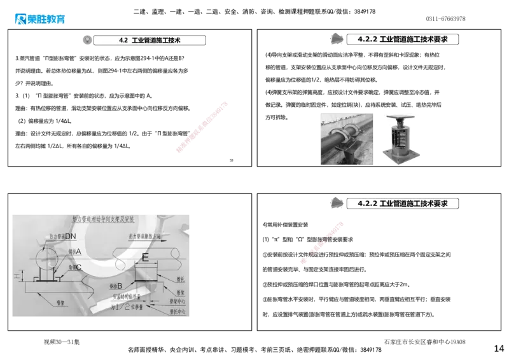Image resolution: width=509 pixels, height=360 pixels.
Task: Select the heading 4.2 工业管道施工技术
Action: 150,40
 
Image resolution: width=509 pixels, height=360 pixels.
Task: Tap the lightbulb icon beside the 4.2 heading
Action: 87,39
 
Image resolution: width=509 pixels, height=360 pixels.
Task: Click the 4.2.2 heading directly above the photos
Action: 402,39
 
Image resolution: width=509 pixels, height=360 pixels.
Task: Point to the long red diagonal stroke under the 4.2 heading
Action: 201,126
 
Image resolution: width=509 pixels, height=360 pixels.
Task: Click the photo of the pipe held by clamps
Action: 347,139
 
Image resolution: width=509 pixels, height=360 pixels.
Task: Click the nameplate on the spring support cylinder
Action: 401,138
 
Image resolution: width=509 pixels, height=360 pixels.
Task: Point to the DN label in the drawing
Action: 70,237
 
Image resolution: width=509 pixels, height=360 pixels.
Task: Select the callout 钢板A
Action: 75,251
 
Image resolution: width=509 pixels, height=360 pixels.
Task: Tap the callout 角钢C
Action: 74,267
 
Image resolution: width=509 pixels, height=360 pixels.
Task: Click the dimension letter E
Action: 145,258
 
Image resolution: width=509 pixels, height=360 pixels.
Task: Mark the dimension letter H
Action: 15,276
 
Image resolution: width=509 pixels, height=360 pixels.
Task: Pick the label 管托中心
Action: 179,312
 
